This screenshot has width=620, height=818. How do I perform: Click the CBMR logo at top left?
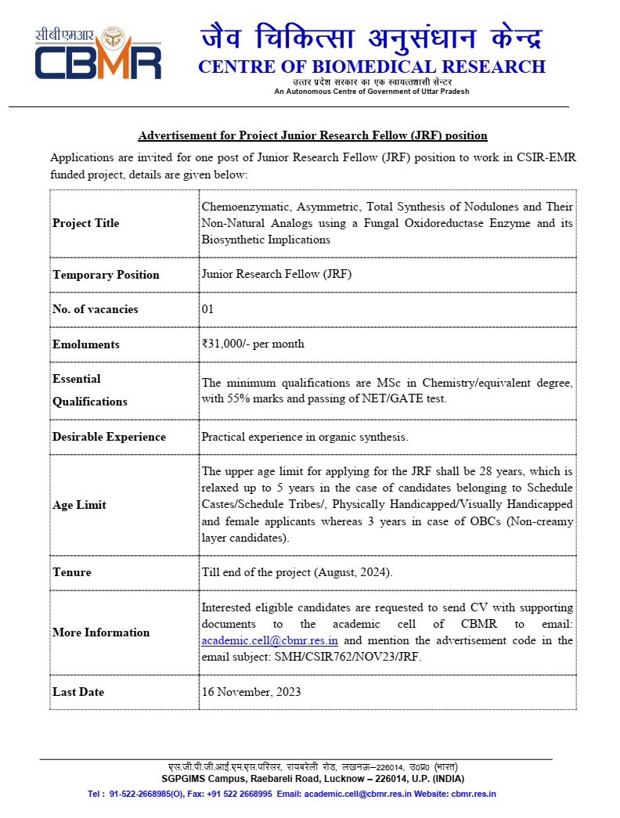point(97,54)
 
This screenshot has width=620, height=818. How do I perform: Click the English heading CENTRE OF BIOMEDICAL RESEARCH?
point(371,67)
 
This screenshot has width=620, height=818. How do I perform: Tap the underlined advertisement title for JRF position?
point(313,135)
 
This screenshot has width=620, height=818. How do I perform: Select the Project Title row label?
point(86,223)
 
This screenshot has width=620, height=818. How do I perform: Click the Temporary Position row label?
point(106,275)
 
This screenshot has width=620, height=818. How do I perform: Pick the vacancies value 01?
point(207,309)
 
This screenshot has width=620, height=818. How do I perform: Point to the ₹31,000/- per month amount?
point(253,344)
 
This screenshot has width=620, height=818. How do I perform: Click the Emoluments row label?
point(86,344)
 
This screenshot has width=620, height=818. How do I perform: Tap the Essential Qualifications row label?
point(89,390)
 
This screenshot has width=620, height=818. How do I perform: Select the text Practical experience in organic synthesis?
point(305,437)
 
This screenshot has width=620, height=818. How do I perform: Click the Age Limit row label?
point(79,505)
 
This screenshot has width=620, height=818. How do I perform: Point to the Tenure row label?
point(72,572)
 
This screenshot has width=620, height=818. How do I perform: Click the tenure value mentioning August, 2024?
point(297,572)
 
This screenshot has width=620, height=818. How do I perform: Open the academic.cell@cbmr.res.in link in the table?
point(270,640)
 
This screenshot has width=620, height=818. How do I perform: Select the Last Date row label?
point(78,692)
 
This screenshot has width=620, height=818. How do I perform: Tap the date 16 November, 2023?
point(251,692)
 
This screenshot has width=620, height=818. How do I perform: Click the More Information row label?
point(101,632)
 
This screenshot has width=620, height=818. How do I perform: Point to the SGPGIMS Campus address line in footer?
point(312,779)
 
